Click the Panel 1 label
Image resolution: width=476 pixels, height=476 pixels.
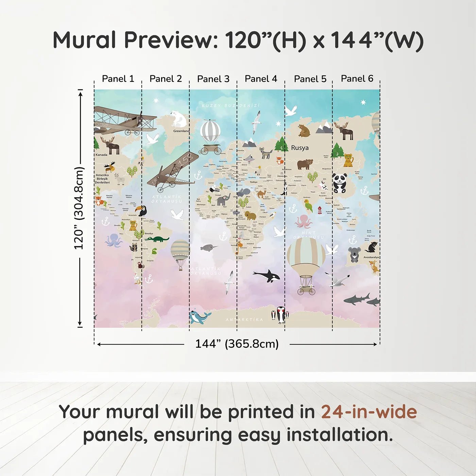pyautogui.click(x=118, y=79)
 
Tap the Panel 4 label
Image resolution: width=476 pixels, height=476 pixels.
pyautogui.click(x=261, y=79)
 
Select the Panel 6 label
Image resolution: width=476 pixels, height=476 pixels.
pyautogui.click(x=357, y=79)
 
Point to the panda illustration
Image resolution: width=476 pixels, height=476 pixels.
pyautogui.click(x=339, y=183)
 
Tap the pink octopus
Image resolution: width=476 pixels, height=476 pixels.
pyautogui.click(x=303, y=221)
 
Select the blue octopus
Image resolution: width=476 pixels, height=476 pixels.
pyautogui.click(x=114, y=240)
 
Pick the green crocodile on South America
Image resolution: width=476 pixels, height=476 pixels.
pyautogui.click(x=157, y=239)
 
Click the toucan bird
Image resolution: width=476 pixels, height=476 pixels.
pyautogui.click(x=141, y=211)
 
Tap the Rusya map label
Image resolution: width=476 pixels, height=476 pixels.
pyautogui.click(x=300, y=148)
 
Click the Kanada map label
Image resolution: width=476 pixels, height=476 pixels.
pyautogui.click(x=101, y=155)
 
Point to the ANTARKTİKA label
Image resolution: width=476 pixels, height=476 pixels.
pyautogui.click(x=244, y=320)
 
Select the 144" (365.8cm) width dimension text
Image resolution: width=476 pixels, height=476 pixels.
pyautogui.click(x=237, y=344)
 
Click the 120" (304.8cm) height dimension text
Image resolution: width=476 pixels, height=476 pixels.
pyautogui.click(x=79, y=208)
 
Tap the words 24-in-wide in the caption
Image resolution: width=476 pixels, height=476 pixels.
pyautogui.click(x=369, y=412)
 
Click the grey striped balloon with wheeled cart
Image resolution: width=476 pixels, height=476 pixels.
pyautogui.click(x=210, y=136)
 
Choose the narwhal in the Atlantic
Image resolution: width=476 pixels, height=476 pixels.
pyautogui.click(x=208, y=248)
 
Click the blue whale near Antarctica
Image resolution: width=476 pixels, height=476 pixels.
pyautogui.click(x=199, y=317)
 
